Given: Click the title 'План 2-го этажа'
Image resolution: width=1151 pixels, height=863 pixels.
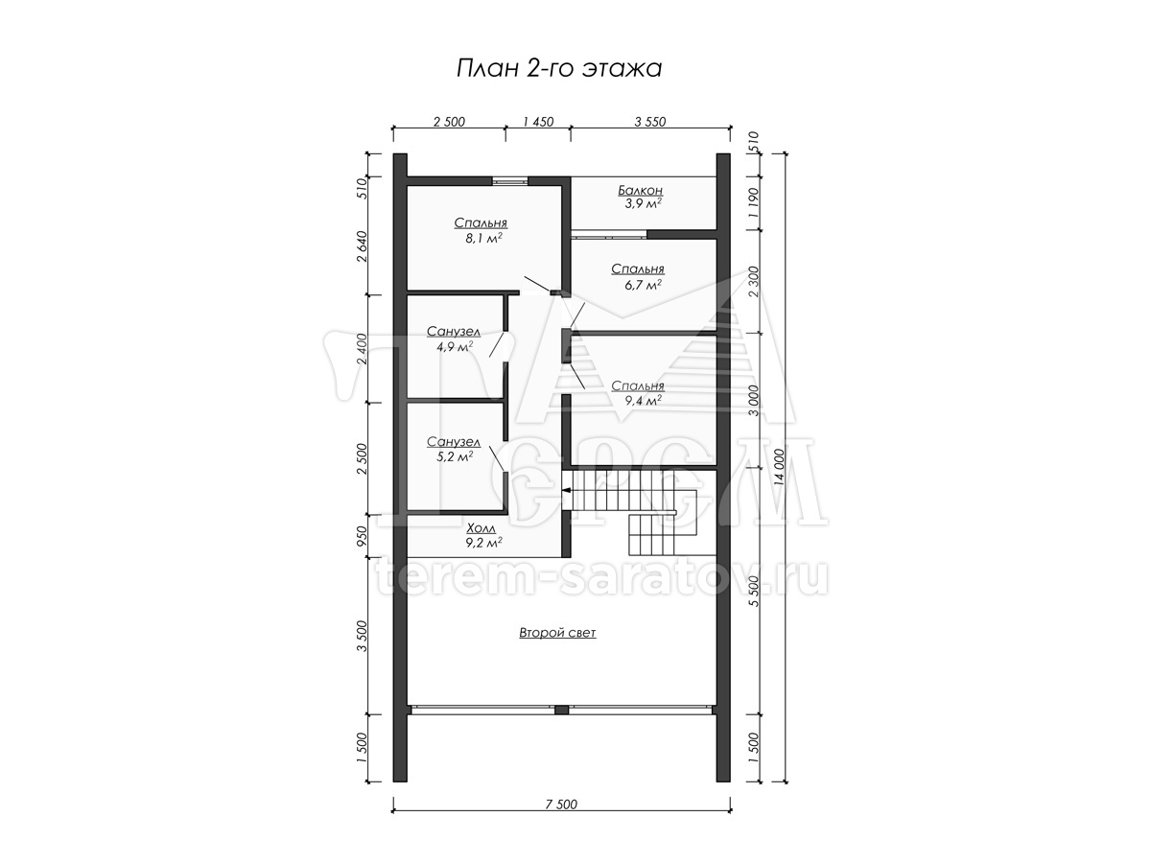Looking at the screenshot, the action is [x=558, y=69].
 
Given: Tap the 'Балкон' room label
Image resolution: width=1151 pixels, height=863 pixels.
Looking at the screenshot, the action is [x=640, y=190].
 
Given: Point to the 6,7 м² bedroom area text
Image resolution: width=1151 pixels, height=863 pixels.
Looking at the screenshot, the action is [x=643, y=285].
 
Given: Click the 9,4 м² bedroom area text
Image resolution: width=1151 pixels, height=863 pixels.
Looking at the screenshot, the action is [x=643, y=401].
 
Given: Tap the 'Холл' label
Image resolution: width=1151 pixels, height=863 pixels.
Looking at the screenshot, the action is [x=481, y=528].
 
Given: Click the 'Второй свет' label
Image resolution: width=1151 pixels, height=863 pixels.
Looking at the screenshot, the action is [x=557, y=633].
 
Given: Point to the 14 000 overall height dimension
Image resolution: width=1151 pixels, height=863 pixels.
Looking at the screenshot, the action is [x=779, y=467].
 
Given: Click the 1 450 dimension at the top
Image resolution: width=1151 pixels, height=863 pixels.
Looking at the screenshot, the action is [x=538, y=122].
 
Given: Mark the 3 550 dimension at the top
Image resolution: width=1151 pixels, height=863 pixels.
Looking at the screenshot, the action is [x=649, y=122].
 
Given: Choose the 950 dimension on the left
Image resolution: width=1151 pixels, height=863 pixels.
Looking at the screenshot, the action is [x=362, y=537].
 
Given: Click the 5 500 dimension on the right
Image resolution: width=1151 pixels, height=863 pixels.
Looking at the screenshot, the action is [x=754, y=591].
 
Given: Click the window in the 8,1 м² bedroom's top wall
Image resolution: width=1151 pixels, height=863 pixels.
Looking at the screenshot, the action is [x=509, y=181].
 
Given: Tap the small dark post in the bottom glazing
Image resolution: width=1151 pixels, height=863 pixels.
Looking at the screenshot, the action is [x=562, y=710].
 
